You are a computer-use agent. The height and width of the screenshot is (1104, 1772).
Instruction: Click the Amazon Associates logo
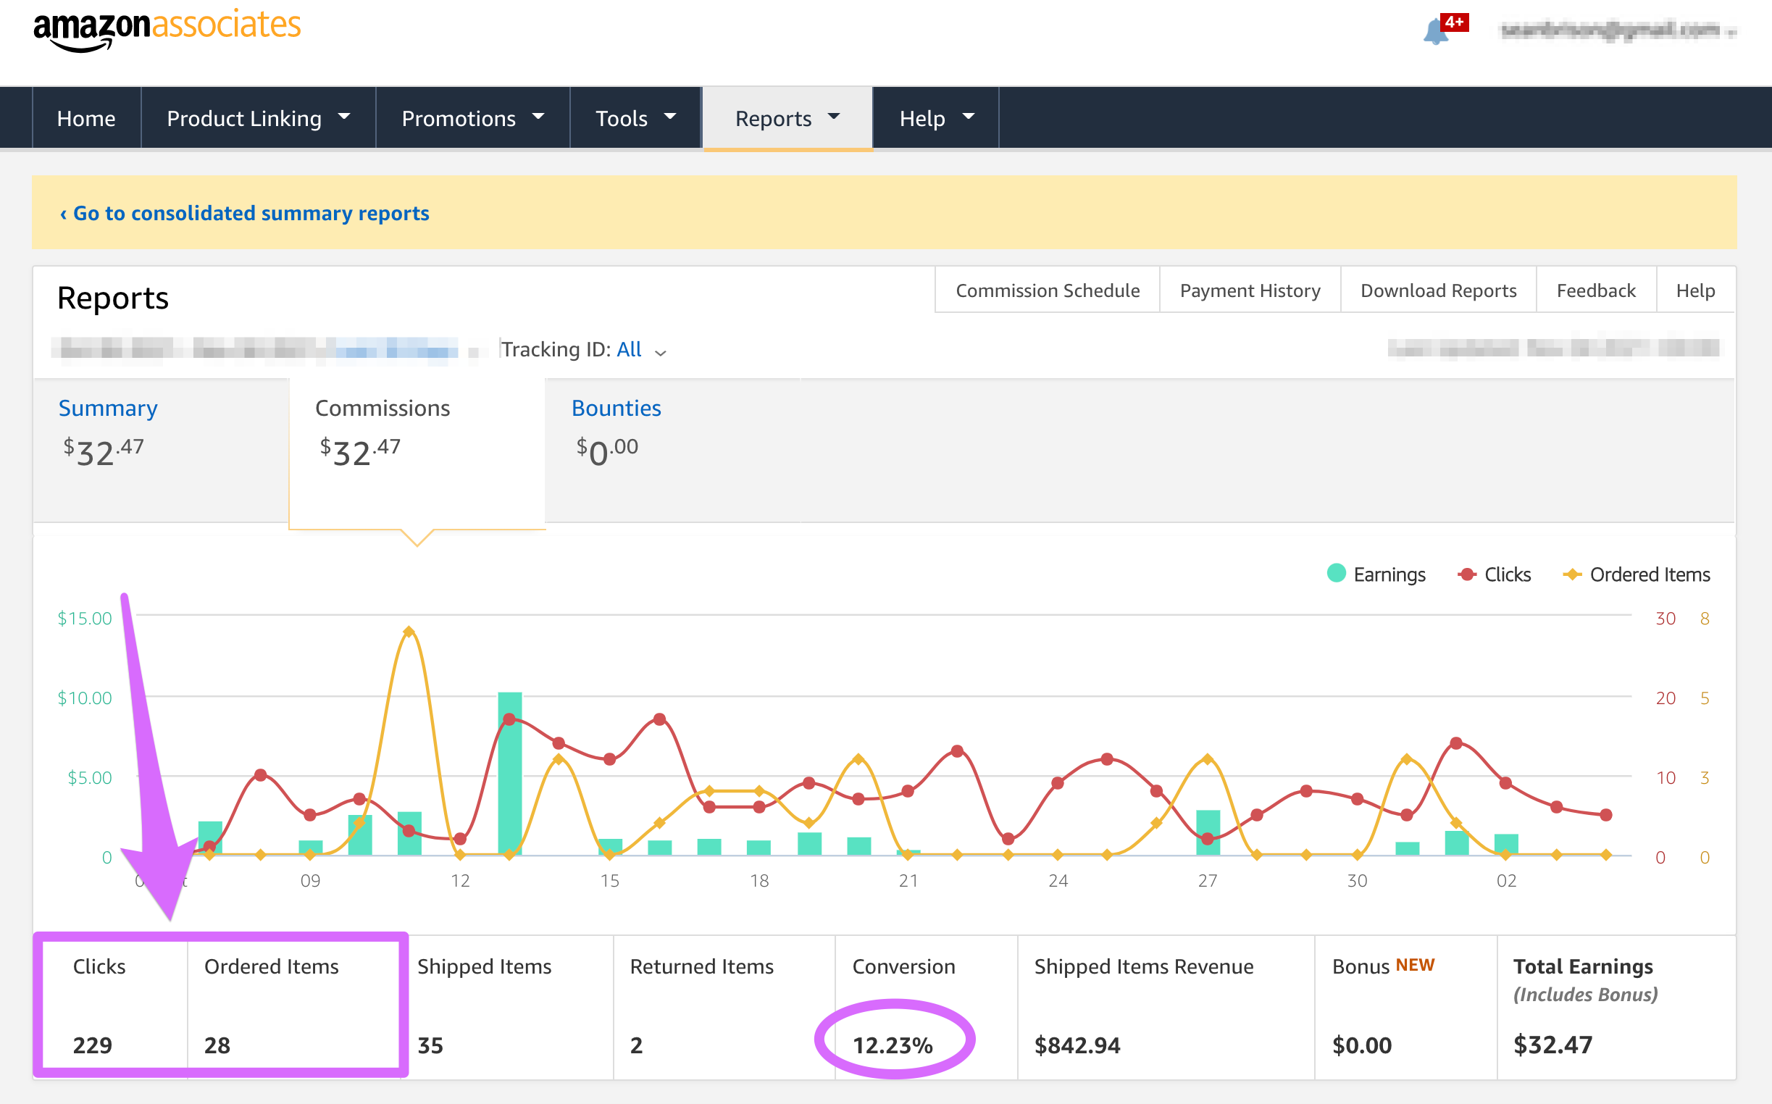click(x=167, y=29)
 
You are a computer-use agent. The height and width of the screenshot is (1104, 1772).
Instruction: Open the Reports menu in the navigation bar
click(x=787, y=118)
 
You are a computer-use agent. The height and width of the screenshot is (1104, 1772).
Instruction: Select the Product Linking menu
click(x=258, y=118)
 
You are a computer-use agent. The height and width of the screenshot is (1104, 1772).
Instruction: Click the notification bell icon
click(x=1435, y=31)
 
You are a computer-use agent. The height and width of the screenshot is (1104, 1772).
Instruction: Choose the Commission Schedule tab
click(x=1047, y=290)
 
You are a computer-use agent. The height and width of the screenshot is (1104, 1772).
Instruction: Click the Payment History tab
click(x=1249, y=290)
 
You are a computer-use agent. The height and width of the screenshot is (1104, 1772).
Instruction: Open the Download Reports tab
click(x=1437, y=290)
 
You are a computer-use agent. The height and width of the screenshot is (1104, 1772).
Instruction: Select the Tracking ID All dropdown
click(x=639, y=350)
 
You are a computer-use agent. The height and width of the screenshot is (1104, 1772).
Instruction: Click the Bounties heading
click(x=616, y=408)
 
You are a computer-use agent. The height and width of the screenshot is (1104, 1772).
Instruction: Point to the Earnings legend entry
click(x=1376, y=574)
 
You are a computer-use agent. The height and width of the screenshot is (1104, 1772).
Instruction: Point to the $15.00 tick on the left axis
click(x=85, y=619)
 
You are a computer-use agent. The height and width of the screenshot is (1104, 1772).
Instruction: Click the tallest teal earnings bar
click(x=509, y=774)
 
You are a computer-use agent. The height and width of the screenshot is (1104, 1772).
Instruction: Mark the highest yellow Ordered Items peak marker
click(x=409, y=632)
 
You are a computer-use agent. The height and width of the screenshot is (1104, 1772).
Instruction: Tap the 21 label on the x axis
click(x=908, y=881)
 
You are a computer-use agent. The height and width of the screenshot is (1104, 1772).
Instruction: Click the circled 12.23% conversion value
click(x=893, y=1045)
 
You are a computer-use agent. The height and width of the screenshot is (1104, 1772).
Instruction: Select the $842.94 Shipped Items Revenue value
click(x=1077, y=1045)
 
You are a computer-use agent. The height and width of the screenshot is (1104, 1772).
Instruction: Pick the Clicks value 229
click(x=93, y=1045)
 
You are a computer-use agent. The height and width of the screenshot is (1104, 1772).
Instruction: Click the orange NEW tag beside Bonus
click(x=1414, y=965)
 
